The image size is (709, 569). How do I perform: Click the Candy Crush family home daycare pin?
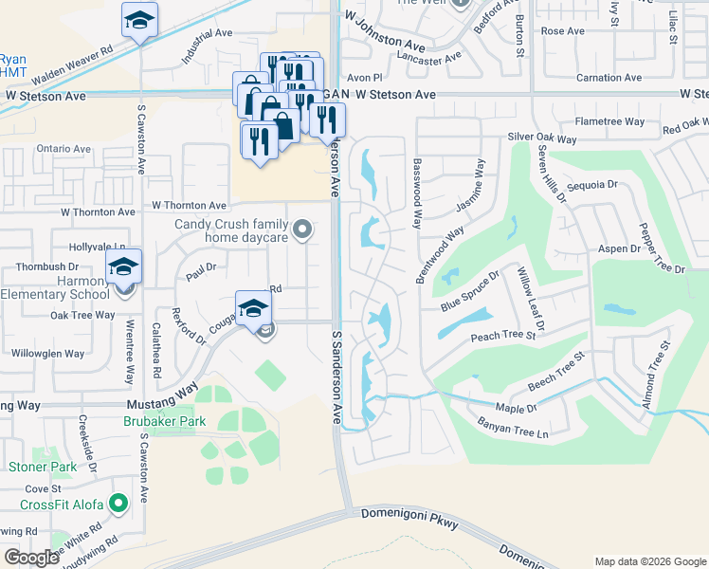pyautogui.click(x=302, y=229)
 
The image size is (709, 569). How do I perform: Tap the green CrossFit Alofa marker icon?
pyautogui.click(x=118, y=504)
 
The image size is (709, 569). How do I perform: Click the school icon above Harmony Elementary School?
pyautogui.click(x=122, y=267)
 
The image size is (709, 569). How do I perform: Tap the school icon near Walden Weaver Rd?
pyautogui.click(x=139, y=20)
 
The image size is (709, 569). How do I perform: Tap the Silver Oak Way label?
pyautogui.click(x=542, y=138)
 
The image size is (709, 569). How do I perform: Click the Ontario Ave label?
pyautogui.click(x=64, y=149)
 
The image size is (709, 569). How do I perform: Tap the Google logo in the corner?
pyautogui.click(x=31, y=558)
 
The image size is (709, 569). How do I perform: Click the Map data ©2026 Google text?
pyautogui.click(x=649, y=561)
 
